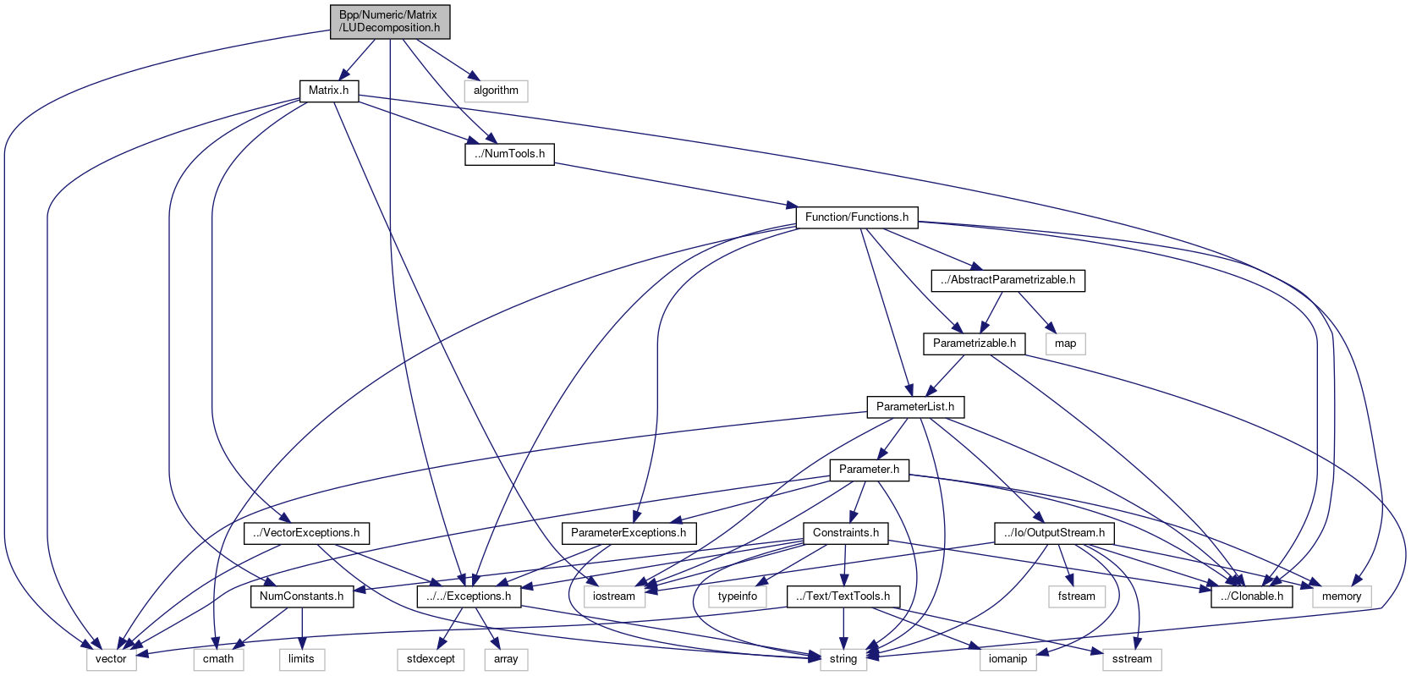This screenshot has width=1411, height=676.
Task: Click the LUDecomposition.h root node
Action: pos(389,21)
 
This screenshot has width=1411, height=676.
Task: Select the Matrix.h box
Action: pos(328,91)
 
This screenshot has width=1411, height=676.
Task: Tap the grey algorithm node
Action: pos(496,91)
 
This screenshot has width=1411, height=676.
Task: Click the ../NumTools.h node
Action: pos(509,154)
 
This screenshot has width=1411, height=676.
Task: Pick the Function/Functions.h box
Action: pos(856,217)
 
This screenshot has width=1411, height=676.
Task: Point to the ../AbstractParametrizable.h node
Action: pos(1007,280)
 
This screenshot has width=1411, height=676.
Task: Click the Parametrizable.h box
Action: pos(974,343)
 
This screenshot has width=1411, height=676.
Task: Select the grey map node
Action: pos(1065,343)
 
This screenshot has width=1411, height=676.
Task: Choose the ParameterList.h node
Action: pos(914,407)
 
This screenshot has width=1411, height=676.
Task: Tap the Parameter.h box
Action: pos(869,470)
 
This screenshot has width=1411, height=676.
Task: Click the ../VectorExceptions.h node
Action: pos(306,533)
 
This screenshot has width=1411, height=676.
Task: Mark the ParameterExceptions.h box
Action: pos(629,533)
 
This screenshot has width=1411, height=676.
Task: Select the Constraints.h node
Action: pos(845,533)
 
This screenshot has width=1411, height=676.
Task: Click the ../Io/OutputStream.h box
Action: pos(1054,533)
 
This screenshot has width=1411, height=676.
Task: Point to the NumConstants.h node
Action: pos(301,596)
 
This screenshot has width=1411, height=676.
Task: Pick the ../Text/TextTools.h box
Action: pos(843,596)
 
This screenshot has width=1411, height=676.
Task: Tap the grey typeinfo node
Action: pos(738,596)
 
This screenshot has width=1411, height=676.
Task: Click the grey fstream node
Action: pos(1076,596)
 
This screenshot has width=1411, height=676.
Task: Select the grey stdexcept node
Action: pos(431,659)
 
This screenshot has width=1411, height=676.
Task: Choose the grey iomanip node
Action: pos(1007,659)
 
